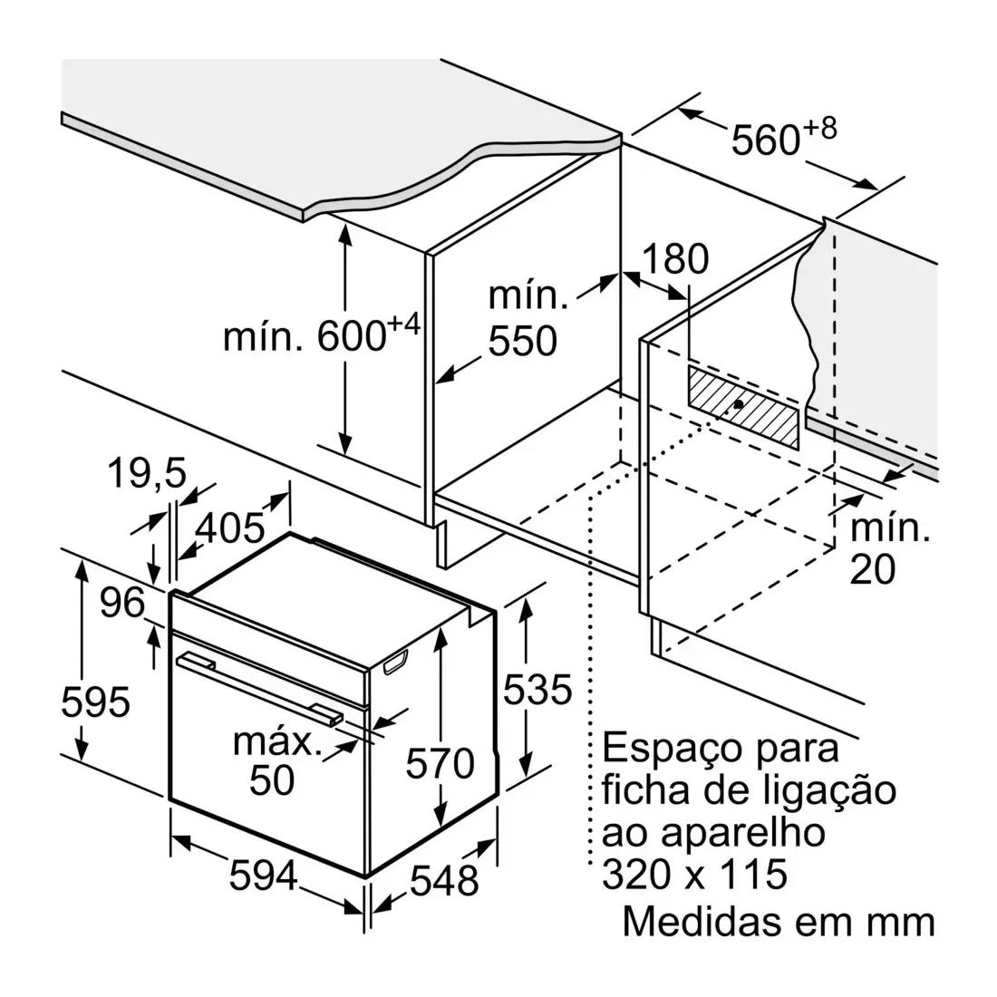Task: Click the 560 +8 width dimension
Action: [x=783, y=136]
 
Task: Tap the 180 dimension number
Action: [x=675, y=259]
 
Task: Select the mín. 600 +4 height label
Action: [x=322, y=334]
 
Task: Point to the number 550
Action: [x=523, y=341]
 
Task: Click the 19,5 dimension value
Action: [x=147, y=473]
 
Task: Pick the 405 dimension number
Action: [x=229, y=528]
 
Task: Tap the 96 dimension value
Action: [x=122, y=602]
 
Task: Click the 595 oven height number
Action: [x=95, y=702]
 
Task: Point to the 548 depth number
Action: [x=444, y=881]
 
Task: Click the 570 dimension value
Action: [x=440, y=763]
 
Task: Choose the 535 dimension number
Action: [x=537, y=689]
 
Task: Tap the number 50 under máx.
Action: [x=272, y=779]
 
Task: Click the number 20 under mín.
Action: [x=872, y=569]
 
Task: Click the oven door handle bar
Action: [x=259, y=689]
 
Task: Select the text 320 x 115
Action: [x=694, y=875]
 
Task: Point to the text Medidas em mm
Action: [x=779, y=922]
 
